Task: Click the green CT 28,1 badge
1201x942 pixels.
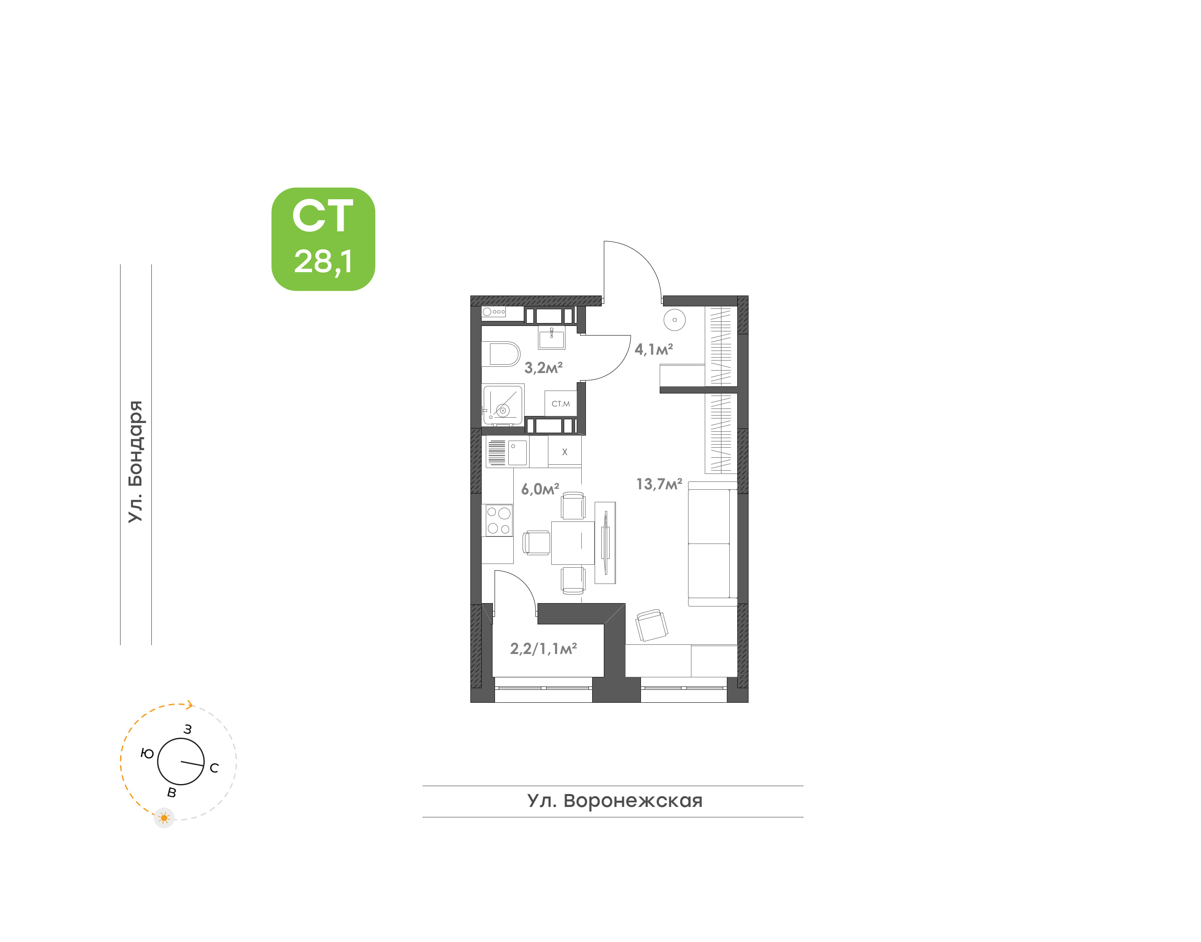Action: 323,239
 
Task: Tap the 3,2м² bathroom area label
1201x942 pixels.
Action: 543,367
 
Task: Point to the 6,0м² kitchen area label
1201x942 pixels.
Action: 540,489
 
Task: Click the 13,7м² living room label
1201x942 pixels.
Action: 659,484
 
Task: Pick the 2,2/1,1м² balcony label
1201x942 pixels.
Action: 543,649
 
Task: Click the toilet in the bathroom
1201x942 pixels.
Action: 500,354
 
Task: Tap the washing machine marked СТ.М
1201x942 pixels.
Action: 560,403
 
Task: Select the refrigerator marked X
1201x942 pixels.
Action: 564,452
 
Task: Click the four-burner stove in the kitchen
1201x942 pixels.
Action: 498,520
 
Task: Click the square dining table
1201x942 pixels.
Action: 573,543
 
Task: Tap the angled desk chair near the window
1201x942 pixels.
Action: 651,625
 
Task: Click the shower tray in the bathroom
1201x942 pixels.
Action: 503,405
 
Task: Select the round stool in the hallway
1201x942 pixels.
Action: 674,320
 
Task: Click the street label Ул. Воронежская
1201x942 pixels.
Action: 615,800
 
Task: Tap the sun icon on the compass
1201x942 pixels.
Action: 164,818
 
